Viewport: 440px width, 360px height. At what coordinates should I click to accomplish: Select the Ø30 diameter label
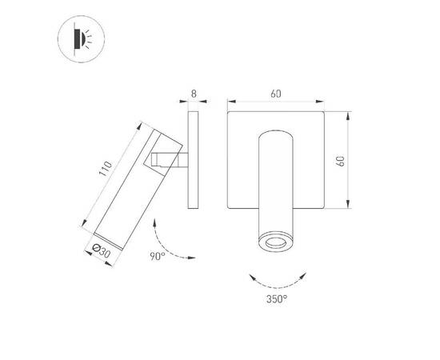[101, 250]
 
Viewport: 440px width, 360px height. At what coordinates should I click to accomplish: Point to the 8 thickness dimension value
[194, 94]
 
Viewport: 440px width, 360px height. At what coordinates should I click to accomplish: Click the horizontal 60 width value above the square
[276, 94]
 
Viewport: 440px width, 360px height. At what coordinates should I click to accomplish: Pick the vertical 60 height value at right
[341, 160]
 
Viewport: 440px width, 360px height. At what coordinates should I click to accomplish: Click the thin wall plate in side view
[194, 160]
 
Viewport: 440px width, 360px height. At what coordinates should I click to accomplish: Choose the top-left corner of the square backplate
[229, 113]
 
